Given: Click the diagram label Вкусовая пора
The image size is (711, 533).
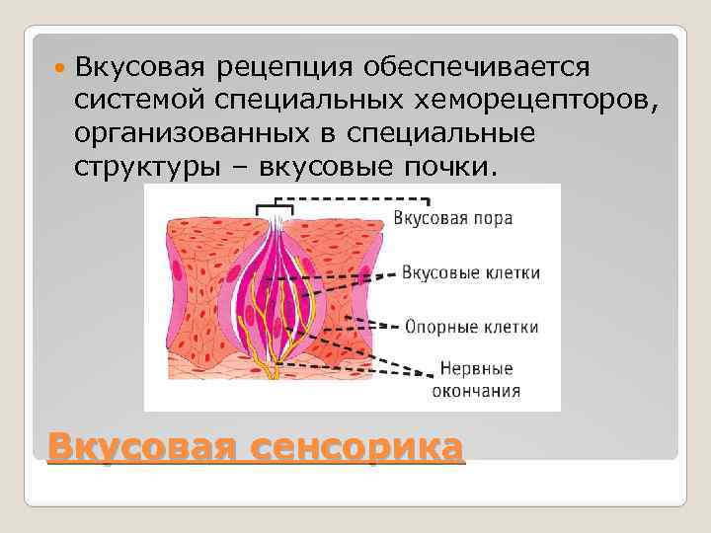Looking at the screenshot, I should pos(452,217).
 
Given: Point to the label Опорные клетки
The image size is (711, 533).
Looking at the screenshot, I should pos(472,327).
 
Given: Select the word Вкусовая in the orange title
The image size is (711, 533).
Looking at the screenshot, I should pos(141,446).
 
